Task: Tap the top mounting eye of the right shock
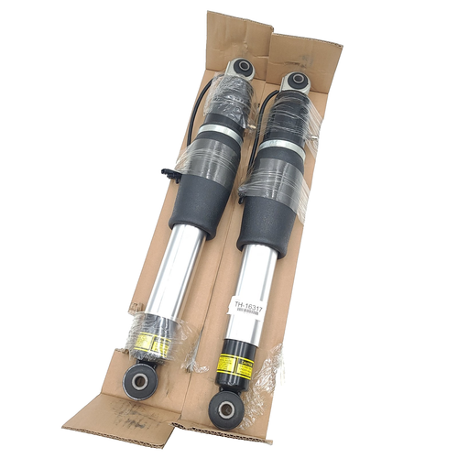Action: coord(296,82)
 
